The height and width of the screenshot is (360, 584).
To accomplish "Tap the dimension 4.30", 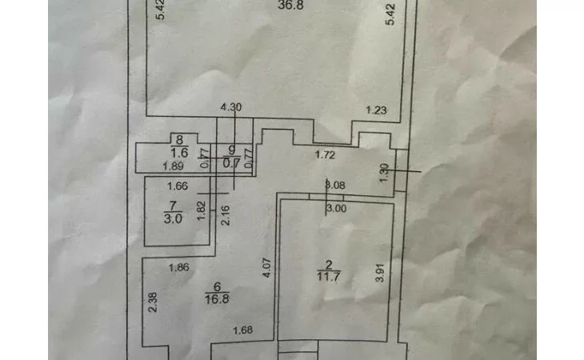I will (230, 106).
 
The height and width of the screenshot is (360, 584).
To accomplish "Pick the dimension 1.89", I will (174, 166).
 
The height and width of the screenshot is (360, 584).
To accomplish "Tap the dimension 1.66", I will (178, 186).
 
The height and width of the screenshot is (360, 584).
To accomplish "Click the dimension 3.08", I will (334, 186).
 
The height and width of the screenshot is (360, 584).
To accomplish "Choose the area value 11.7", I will (327, 276).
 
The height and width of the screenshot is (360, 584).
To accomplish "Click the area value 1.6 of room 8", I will (180, 151).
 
